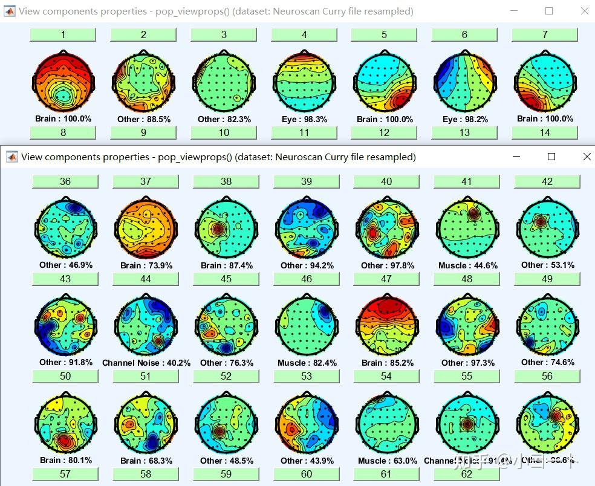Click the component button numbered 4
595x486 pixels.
click(x=304, y=35)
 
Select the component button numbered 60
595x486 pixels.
click(x=307, y=474)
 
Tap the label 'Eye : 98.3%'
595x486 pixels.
click(x=304, y=119)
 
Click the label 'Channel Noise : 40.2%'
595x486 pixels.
click(x=146, y=363)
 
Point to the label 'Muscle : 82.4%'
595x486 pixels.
click(x=307, y=363)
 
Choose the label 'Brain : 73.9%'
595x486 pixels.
click(x=146, y=265)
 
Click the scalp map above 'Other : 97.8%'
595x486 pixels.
click(x=386, y=228)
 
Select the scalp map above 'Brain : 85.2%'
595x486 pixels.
click(x=386, y=326)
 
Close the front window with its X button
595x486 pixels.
click(x=587, y=157)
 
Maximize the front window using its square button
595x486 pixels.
click(x=551, y=157)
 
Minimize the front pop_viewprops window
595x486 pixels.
click(x=516, y=157)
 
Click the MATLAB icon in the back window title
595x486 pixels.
click(x=10, y=11)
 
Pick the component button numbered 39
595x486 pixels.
click(x=307, y=181)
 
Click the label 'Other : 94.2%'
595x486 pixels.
click(x=307, y=265)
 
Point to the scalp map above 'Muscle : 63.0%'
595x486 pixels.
click(x=386, y=423)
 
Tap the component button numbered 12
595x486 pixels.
click(x=384, y=132)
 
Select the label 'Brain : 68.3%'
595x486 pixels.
click(x=146, y=461)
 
